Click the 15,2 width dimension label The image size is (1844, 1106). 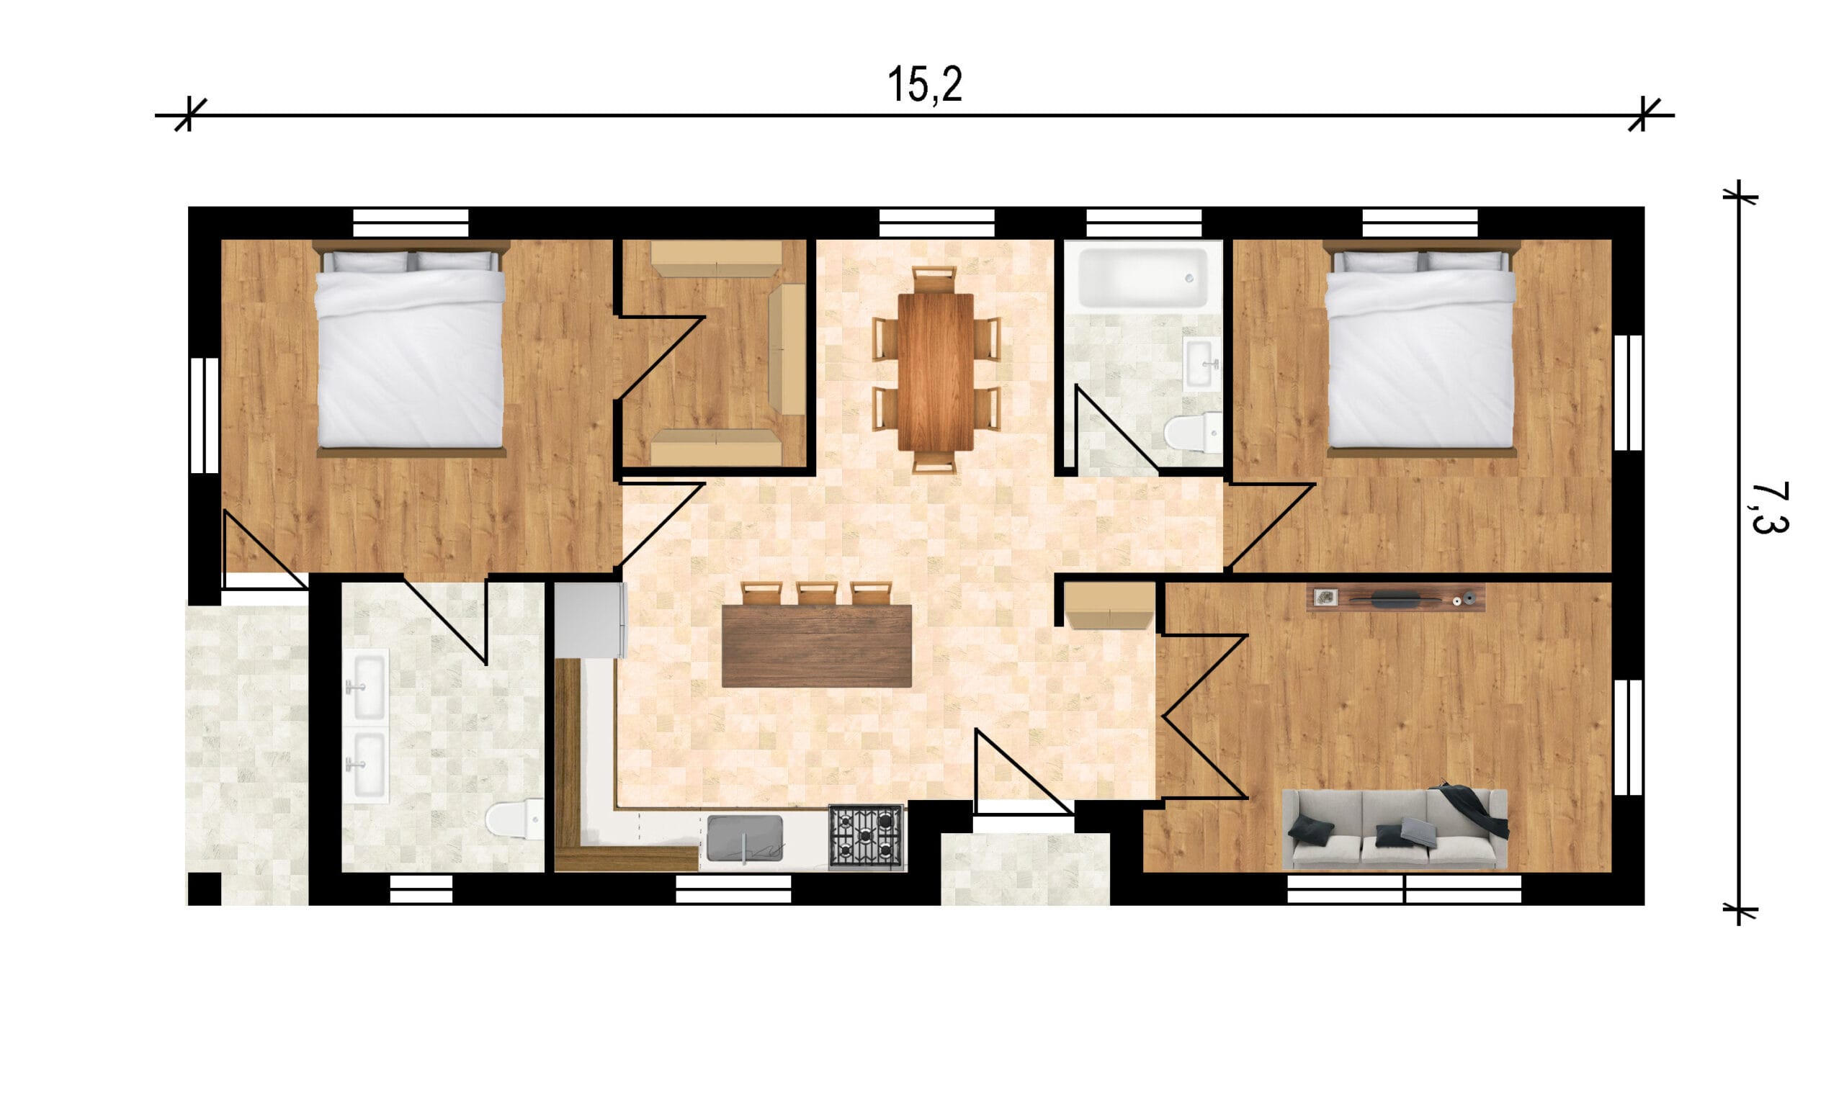click(x=924, y=84)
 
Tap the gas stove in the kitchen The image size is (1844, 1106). click(x=866, y=837)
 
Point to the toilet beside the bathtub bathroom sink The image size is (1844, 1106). click(x=1193, y=432)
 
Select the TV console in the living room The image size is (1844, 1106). click(x=1395, y=598)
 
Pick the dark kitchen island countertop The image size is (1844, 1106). click(x=816, y=645)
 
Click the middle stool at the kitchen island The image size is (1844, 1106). click(x=816, y=593)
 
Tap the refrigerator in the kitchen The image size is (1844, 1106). click(x=591, y=620)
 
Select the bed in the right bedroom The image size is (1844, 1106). click(x=1420, y=348)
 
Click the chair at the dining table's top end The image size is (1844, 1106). click(x=935, y=279)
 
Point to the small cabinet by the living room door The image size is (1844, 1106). click(x=1109, y=606)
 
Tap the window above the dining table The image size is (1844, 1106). click(x=936, y=222)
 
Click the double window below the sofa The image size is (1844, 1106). click(x=1404, y=889)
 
